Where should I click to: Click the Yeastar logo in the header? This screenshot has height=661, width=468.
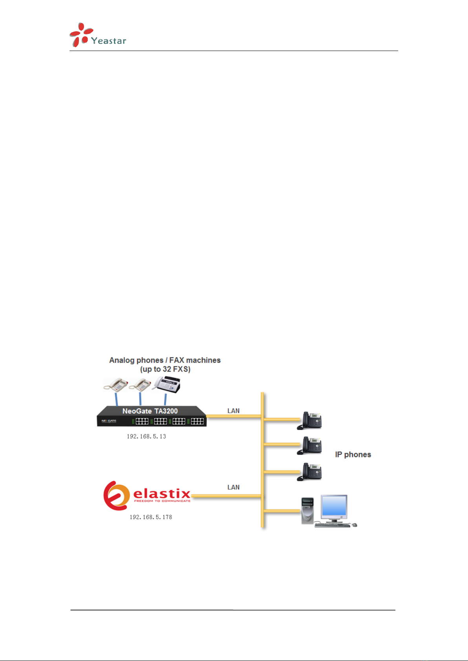click(x=98, y=35)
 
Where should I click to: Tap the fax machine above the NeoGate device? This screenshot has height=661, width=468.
click(x=166, y=384)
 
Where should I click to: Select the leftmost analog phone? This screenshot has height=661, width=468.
click(x=116, y=384)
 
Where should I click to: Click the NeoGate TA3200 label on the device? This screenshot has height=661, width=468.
click(x=150, y=411)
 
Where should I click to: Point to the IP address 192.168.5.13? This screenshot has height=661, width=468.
click(x=146, y=436)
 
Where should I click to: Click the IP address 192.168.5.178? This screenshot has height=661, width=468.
click(x=151, y=517)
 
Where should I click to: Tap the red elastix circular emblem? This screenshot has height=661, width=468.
click(x=116, y=495)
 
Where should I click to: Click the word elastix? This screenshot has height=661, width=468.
click(x=162, y=493)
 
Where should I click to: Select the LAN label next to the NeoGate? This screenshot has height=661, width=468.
click(x=233, y=411)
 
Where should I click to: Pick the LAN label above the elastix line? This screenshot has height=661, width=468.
click(x=233, y=487)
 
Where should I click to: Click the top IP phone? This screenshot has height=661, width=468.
click(x=310, y=420)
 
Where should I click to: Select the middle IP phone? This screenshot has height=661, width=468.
click(x=310, y=446)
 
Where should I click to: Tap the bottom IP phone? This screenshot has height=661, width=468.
click(x=310, y=472)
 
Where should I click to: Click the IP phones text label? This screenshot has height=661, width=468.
click(x=353, y=455)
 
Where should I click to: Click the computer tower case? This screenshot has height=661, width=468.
click(x=307, y=510)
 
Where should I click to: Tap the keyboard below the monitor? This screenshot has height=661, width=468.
click(x=332, y=524)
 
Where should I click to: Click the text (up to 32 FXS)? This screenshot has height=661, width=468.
click(x=165, y=369)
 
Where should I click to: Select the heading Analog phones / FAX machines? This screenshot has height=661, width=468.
click(x=165, y=360)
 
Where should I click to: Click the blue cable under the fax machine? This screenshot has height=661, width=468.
click(x=165, y=399)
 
